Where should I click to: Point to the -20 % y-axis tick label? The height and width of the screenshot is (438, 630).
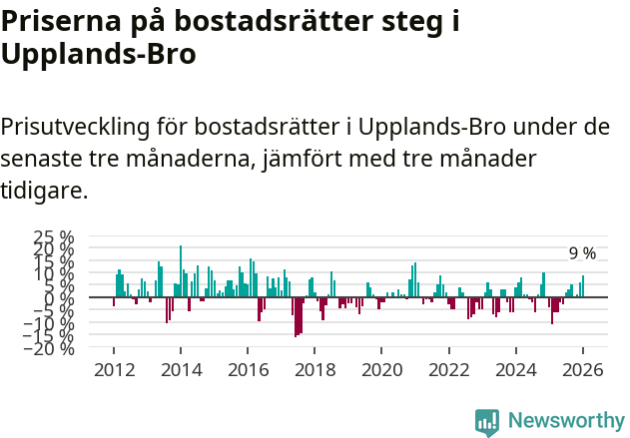(x=52, y=348)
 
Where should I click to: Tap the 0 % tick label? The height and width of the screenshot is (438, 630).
(x=61, y=297)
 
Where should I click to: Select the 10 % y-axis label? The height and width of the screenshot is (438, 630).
(x=55, y=272)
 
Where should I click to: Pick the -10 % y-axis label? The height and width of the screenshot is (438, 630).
(x=52, y=323)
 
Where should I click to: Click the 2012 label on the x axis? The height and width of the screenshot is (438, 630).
(x=113, y=369)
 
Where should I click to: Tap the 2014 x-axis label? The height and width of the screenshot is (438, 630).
(x=181, y=369)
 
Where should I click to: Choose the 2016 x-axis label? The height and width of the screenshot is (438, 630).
(x=248, y=369)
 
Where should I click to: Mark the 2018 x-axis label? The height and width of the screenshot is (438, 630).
(x=315, y=369)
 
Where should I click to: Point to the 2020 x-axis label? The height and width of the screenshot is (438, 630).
(x=381, y=369)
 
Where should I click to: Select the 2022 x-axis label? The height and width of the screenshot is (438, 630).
(x=449, y=369)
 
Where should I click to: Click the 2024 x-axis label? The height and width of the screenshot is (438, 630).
(x=516, y=369)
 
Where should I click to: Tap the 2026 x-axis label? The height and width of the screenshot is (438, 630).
(x=583, y=369)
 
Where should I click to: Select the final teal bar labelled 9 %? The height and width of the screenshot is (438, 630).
(x=583, y=286)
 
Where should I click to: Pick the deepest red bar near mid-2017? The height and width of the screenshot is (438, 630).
(x=296, y=317)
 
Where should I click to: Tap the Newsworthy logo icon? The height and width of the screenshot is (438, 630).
(x=487, y=421)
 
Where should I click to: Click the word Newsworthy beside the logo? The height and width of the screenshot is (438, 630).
(x=565, y=421)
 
